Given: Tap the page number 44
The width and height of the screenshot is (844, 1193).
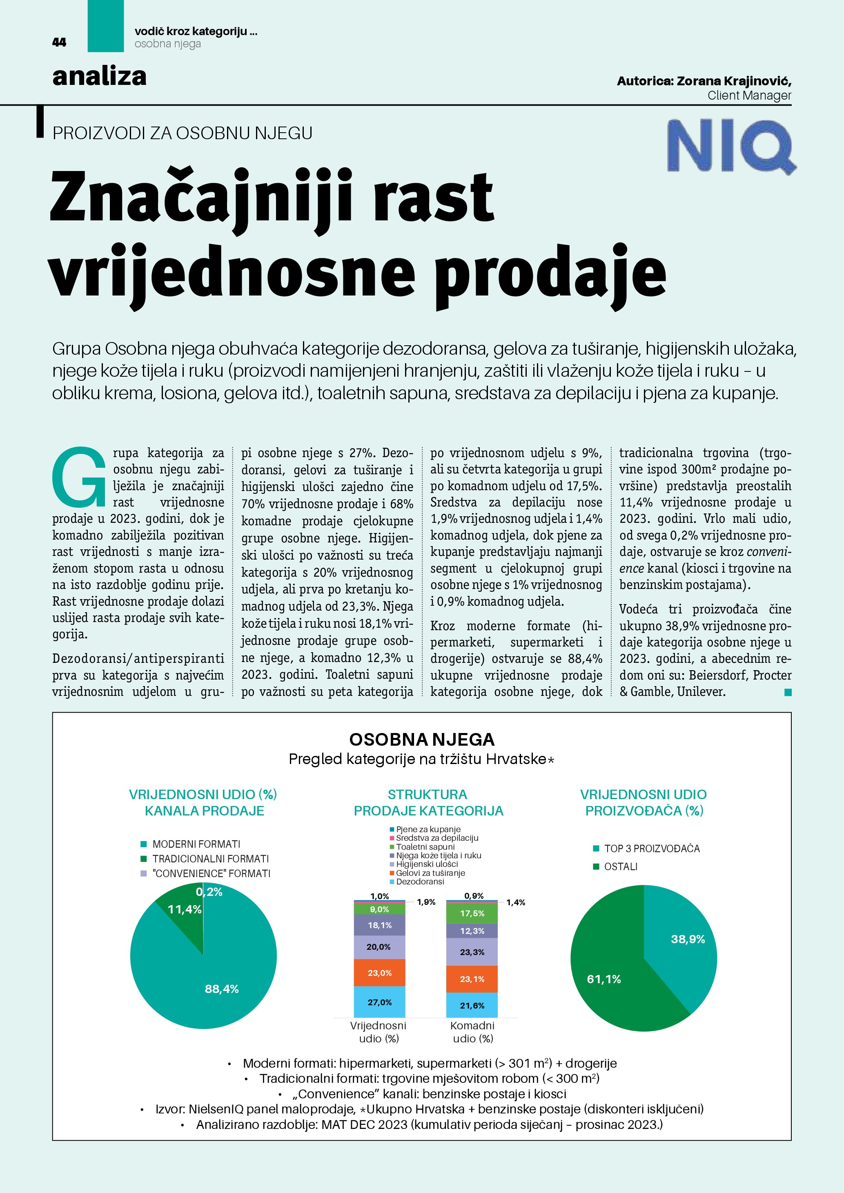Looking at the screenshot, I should point(59,42).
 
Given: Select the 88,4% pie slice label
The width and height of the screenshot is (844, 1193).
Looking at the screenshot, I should point(221,989).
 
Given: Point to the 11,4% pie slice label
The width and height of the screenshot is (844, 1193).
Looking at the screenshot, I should point(184,909).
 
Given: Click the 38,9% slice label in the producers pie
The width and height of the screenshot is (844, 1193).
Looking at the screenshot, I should point(688,939).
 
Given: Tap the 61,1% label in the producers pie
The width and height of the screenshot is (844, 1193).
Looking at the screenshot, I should point(603,979).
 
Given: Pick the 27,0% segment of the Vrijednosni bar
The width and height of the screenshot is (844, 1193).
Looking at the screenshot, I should point(379,1002).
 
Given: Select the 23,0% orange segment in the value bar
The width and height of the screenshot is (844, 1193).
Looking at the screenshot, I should point(379,973).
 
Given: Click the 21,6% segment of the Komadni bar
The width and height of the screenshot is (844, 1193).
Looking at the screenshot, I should point(472,1005).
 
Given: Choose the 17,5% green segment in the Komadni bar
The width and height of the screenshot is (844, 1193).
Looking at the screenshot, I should point(472,913).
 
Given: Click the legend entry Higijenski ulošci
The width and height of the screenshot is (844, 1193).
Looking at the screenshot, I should point(427,864).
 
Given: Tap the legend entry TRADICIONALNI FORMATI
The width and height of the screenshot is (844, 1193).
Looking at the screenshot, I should point(210,859).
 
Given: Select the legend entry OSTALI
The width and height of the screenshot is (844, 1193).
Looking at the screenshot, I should point(621,867).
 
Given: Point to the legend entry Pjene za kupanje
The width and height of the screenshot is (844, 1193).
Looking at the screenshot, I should point(428,829).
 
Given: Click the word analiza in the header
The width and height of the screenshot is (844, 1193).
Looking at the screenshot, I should point(99,76).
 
